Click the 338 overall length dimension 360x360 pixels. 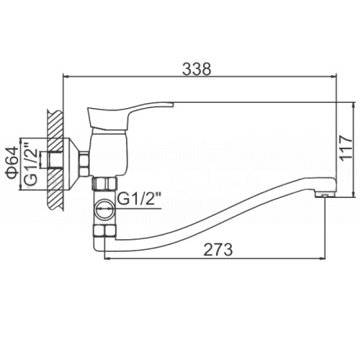click(x=197, y=69)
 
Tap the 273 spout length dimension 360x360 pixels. click(x=218, y=249)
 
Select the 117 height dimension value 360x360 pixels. click(x=346, y=146)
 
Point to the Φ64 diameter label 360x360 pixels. click(x=12, y=163)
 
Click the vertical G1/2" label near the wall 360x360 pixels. click(x=31, y=163)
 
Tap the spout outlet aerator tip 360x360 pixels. click(x=324, y=194)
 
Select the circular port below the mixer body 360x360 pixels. click(x=104, y=208)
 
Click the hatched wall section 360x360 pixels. click(x=55, y=160)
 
